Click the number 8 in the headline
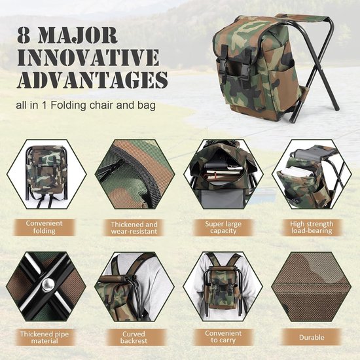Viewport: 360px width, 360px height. tap(24, 35)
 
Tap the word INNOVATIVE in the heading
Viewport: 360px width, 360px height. tap(88, 58)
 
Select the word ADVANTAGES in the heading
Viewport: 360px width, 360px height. tap(92, 80)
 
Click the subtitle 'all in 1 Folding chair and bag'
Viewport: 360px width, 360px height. tap(86, 105)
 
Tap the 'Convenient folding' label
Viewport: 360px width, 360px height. tap(44, 227)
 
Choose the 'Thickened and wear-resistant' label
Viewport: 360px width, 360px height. tap(134, 228)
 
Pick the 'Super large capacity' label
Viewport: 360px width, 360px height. tap(223, 228)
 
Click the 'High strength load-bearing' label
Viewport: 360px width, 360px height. tap(312, 228)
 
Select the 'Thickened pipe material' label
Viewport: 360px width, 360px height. tap(45, 338)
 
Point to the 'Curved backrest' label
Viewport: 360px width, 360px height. tap(134, 338)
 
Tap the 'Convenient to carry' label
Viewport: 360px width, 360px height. tap(223, 337)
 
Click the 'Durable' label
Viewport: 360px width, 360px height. tap(312, 337)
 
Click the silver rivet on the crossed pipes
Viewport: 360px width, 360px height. tap(48, 285)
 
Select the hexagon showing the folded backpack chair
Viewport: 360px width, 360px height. tap(46, 174)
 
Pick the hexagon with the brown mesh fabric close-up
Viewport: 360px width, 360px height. tap(312, 287)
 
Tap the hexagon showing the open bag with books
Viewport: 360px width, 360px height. tap(223, 174)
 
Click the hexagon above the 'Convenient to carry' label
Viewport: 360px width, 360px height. tap(223, 287)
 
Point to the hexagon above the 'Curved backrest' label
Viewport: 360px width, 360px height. tap(135, 287)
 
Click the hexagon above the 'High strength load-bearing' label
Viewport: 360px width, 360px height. tap(312, 174)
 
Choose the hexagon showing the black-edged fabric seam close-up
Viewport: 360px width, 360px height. tap(135, 174)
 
